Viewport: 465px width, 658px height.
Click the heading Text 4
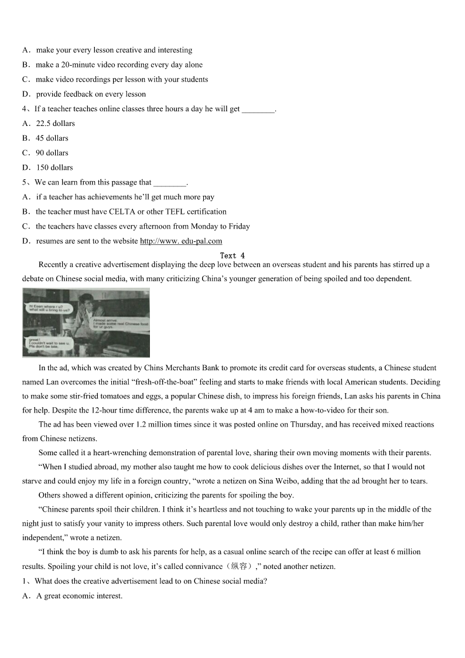tap(232, 255)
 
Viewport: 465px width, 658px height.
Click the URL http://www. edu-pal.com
tap(181, 241)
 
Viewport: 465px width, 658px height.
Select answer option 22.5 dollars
tap(55, 124)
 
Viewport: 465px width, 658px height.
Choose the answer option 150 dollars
tap(54, 168)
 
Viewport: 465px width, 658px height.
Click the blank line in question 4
tap(258, 110)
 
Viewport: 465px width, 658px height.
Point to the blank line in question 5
tap(169, 183)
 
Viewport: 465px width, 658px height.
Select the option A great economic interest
tap(79, 596)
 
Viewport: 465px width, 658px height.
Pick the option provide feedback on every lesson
tap(91, 94)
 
